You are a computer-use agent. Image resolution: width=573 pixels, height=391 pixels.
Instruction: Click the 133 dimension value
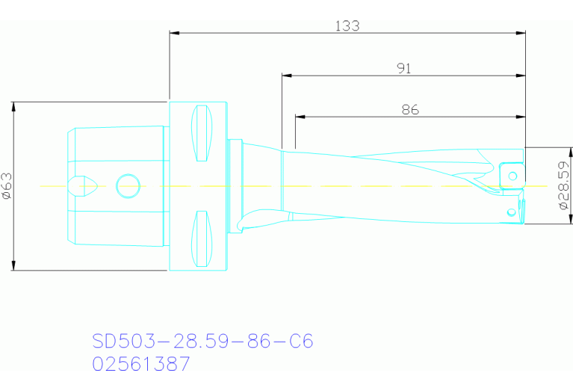pos(347,25)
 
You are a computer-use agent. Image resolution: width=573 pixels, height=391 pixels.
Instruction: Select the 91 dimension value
pos(403,68)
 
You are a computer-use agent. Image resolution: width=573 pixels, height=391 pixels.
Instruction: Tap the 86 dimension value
pos(409,109)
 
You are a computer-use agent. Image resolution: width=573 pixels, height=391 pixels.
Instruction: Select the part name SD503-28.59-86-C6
pos(202,342)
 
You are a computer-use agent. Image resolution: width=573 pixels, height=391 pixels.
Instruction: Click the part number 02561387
pos(141,365)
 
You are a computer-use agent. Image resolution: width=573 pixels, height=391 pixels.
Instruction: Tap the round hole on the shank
pos(128,185)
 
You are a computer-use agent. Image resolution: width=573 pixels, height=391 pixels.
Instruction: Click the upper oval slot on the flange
pos(200,132)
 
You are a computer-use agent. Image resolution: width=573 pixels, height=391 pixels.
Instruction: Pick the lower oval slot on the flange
pos(200,238)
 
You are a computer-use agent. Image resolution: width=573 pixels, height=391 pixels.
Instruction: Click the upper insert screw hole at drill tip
pos(512,176)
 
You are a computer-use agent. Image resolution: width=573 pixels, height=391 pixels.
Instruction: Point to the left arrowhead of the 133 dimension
pos(175,33)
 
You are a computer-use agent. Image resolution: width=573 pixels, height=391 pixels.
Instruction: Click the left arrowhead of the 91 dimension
pos(287,75)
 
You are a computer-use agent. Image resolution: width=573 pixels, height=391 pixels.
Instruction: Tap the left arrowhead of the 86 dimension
pos(300,117)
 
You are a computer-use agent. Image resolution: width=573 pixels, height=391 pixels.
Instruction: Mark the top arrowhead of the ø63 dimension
pos(13,106)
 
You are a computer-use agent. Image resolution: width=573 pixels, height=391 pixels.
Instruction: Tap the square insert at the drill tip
pos(511,174)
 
